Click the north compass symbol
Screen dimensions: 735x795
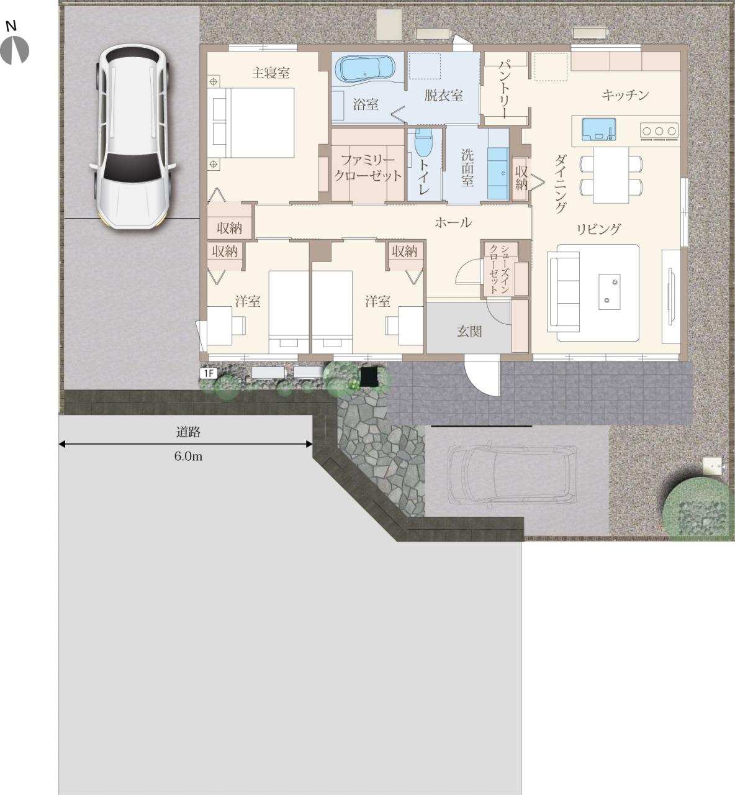(14, 50)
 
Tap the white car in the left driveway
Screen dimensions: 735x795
(132, 136)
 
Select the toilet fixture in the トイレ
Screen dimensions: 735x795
(423, 143)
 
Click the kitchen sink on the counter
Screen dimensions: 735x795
(598, 130)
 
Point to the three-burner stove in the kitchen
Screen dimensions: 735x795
(659, 131)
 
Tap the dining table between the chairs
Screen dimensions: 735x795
(611, 175)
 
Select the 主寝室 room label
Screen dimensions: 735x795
(271, 73)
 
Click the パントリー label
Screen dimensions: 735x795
(505, 89)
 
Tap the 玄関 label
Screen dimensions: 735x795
(469, 332)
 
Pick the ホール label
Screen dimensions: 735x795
(453, 222)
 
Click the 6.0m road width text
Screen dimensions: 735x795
(188, 457)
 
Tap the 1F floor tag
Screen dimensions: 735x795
(208, 373)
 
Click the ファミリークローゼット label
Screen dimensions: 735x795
(367, 168)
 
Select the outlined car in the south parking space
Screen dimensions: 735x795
(513, 475)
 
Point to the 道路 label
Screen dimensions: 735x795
(188, 432)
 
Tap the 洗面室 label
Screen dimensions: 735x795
(467, 168)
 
